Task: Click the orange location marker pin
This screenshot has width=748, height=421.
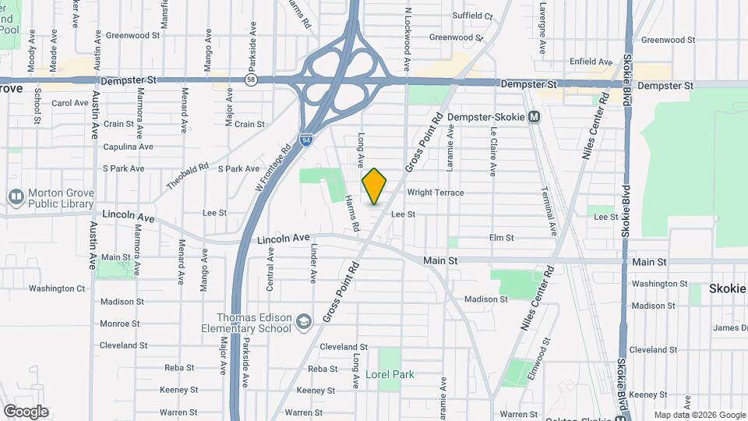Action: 375,186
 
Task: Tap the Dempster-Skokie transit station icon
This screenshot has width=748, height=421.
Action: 534,117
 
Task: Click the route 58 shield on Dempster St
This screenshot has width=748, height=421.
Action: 250,80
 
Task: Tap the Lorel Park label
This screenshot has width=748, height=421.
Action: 390,375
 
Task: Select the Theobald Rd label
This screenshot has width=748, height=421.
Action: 187,176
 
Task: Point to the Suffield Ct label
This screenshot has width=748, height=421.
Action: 472,16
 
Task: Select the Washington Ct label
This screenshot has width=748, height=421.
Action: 57,288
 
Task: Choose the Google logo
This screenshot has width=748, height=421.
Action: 26,412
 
